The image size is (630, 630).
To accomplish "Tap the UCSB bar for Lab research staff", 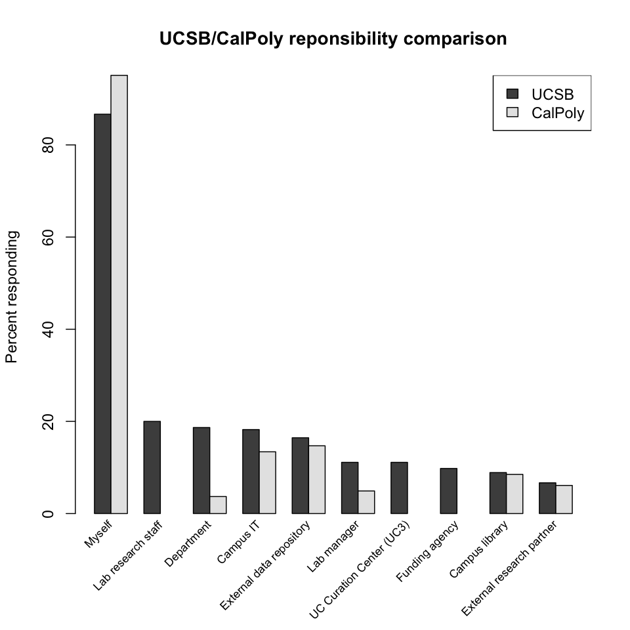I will (152, 467).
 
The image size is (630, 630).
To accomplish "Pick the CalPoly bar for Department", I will (218, 505).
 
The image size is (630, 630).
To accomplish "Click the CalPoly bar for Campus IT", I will (267, 482).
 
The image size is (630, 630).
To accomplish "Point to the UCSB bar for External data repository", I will (300, 475).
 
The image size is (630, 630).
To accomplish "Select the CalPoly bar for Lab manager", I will (366, 502).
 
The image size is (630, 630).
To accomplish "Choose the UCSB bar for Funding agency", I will (448, 491).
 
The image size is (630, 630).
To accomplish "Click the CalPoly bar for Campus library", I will (514, 493).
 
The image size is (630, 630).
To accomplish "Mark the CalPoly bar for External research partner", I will (564, 499).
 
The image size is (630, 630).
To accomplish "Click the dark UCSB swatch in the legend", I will (513, 93).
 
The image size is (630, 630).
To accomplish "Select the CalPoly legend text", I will (558, 113).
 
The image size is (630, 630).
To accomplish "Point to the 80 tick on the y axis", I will (72, 145).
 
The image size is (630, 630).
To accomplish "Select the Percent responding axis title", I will (12, 297).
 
